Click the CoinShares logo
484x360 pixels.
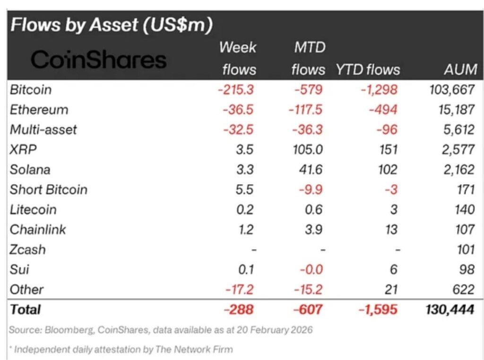[x=98, y=60]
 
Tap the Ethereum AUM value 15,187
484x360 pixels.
[x=453, y=110]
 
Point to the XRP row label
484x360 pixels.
[x=23, y=149]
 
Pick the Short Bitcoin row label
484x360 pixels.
[x=49, y=190]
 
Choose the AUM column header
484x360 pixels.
[x=460, y=70]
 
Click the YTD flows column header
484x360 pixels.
[x=368, y=70]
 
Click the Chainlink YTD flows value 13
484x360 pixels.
[x=391, y=229]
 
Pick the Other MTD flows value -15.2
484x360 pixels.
[x=308, y=290]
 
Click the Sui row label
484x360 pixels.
[x=19, y=270]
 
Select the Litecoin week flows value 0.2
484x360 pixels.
[x=244, y=210]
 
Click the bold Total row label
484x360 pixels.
[x=26, y=309]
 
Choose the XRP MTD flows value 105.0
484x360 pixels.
[x=307, y=149]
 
